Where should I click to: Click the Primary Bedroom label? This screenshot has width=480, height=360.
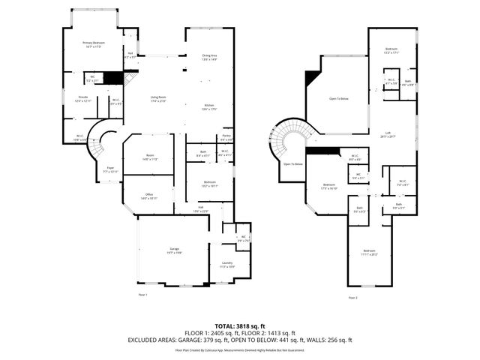(93, 43)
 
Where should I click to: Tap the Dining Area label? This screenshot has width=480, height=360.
(209, 55)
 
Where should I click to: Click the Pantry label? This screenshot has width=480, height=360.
(226, 137)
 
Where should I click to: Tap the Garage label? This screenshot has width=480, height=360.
(174, 251)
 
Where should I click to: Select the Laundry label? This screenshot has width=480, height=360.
(227, 263)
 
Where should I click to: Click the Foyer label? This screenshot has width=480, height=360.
(110, 168)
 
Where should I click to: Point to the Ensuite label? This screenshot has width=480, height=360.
(84, 98)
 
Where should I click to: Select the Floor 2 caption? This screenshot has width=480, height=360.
(353, 298)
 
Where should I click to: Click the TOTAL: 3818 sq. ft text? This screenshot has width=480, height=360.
(239, 325)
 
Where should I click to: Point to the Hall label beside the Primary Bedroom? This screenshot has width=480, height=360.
(130, 53)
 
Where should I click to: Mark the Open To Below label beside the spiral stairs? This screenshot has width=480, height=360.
(292, 163)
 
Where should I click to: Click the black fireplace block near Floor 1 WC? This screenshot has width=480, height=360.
(112, 77)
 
